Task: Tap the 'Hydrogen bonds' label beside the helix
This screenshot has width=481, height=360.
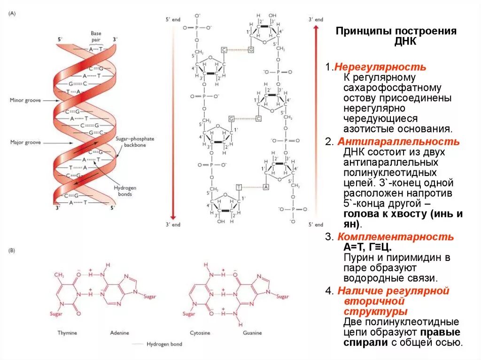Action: pos(123,191)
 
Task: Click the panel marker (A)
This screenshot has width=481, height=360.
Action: pos(13,14)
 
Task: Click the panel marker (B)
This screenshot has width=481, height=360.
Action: pos(12,251)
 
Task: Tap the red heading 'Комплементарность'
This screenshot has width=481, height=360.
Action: pos(396,237)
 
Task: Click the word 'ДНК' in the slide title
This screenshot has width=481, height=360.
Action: pos(396,42)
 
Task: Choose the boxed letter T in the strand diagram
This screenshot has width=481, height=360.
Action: pos(239,187)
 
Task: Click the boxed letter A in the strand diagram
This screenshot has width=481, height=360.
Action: pos(266,187)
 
